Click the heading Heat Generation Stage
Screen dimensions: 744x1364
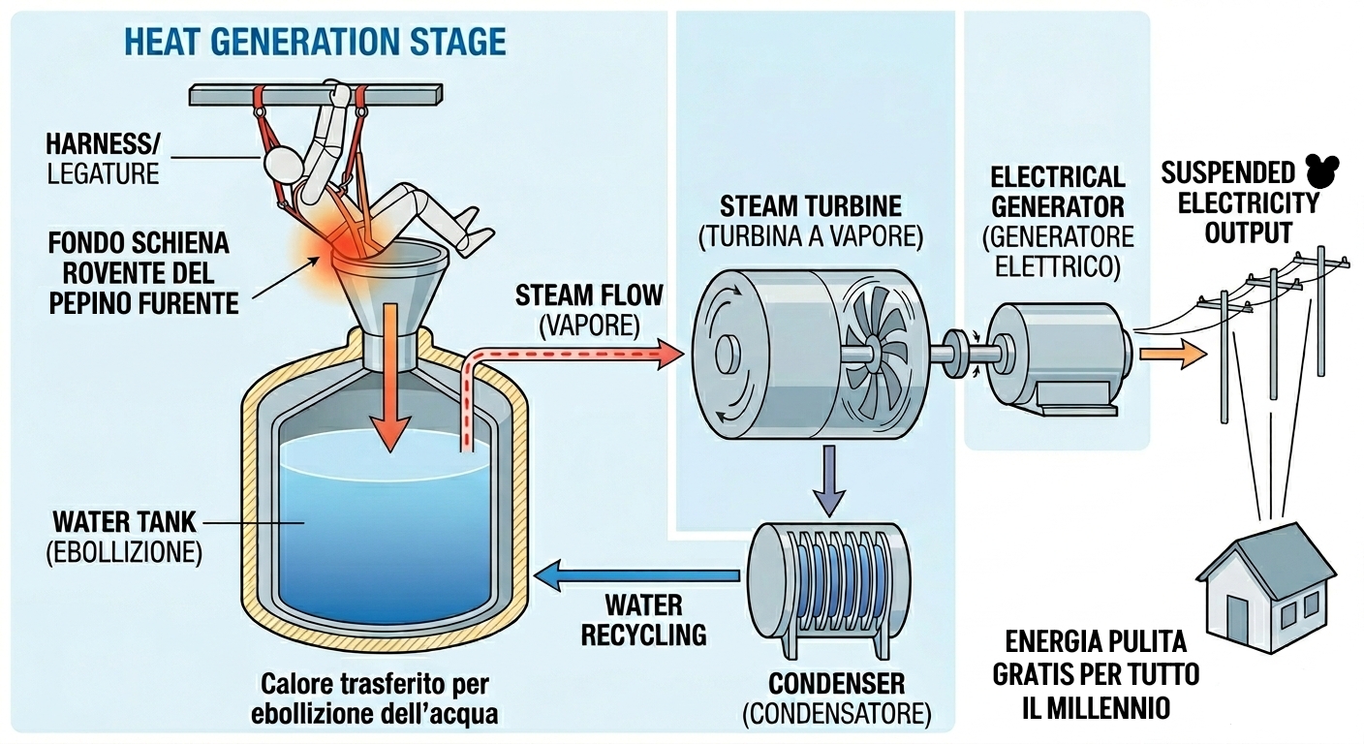click(315, 42)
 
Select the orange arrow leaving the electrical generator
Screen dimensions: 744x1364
click(1173, 354)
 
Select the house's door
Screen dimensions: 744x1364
click(1237, 614)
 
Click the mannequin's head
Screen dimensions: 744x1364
click(283, 162)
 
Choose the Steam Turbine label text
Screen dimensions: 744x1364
click(810, 206)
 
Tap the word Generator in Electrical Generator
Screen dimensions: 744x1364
click(1057, 206)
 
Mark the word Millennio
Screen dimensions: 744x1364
click(1096, 707)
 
